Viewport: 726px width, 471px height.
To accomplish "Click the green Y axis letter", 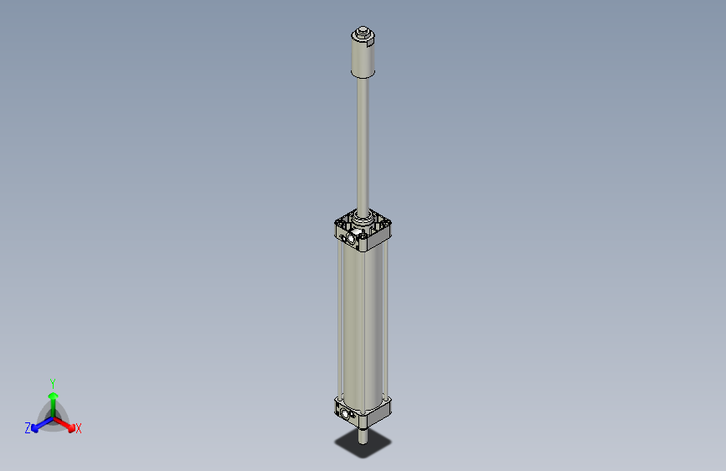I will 52,382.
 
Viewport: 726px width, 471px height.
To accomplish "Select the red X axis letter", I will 79,429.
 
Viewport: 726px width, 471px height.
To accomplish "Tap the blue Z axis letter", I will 28,428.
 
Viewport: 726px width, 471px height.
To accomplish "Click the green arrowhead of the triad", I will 53,395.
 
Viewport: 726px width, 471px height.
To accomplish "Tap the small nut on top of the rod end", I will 363,35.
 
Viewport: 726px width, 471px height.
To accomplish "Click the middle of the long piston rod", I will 363,142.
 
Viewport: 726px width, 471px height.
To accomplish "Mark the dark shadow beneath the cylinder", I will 363,444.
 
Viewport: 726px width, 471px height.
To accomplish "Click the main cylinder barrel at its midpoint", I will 363,323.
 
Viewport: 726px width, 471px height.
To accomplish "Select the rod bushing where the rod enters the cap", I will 363,220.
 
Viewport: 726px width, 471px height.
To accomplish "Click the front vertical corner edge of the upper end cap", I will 362,244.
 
